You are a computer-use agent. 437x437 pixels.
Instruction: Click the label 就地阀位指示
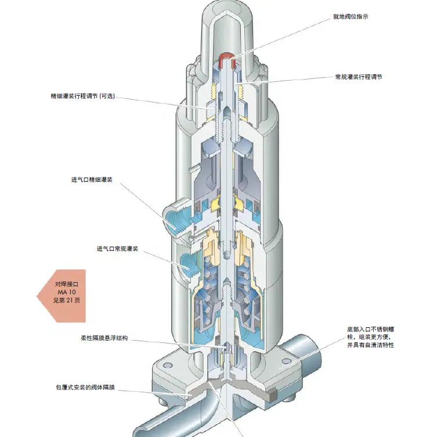click(351, 17)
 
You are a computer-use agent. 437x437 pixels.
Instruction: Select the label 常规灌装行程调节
click(359, 77)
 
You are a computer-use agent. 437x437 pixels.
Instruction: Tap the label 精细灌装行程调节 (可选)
click(83, 96)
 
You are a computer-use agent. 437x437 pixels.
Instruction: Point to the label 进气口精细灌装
click(92, 180)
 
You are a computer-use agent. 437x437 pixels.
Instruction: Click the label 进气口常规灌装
click(117, 248)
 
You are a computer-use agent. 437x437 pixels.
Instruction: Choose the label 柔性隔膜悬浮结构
click(104, 338)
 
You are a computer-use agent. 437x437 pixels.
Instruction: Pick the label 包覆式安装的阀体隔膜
click(85, 388)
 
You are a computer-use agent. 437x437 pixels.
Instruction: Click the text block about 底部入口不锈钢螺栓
click(371, 337)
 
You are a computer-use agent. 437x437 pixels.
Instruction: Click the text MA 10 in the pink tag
click(67, 292)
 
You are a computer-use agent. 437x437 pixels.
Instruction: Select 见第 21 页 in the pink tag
click(67, 300)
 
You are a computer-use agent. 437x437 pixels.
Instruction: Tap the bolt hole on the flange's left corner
click(167, 366)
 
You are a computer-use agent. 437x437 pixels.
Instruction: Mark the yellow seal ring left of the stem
click(216, 204)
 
